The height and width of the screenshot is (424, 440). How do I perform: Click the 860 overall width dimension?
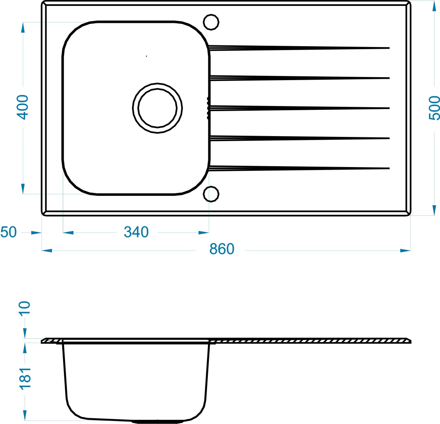221,249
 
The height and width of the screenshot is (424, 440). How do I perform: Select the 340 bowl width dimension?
136,232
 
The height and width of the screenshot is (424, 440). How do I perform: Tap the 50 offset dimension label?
8,232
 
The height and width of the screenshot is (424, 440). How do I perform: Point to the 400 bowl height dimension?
22,107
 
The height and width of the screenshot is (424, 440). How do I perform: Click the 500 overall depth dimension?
434,108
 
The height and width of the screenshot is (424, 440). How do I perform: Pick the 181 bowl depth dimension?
25,378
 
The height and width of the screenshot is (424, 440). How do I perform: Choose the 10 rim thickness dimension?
25,309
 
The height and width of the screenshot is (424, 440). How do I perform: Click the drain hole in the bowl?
158,108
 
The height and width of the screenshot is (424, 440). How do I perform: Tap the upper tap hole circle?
211,22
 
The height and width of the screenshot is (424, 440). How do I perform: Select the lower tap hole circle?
211,194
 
